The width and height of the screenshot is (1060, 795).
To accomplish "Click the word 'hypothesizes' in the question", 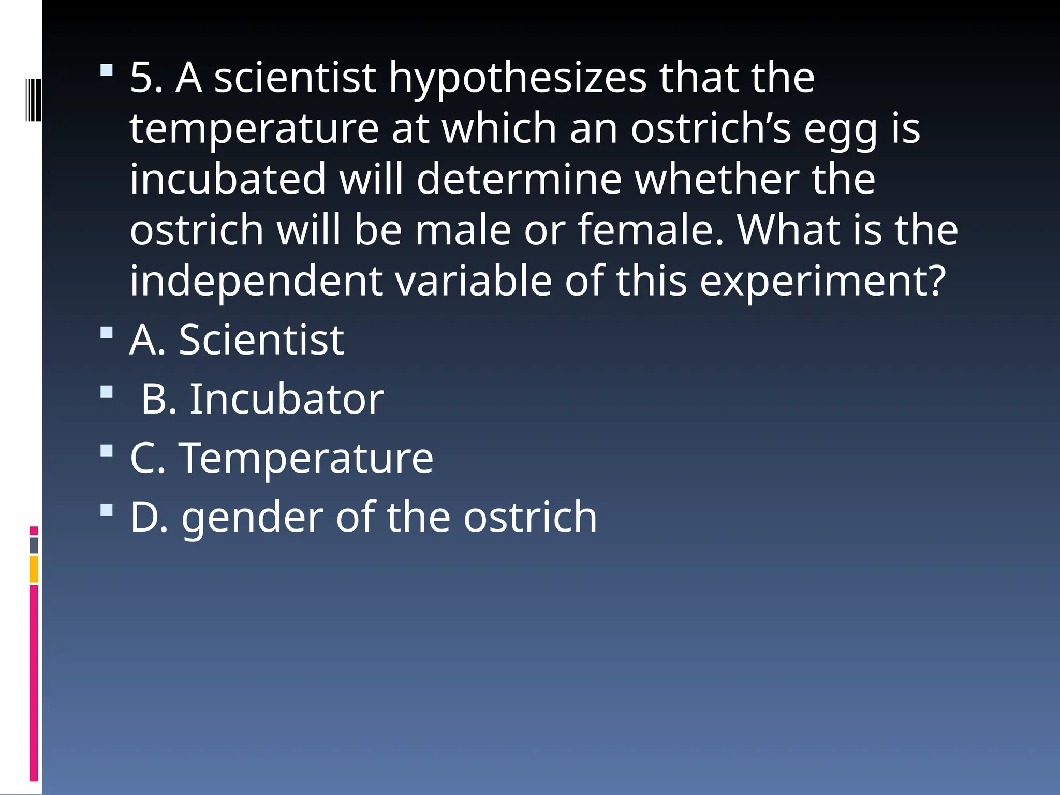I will pos(518,79).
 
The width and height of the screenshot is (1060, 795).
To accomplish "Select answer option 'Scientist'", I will pos(261,340).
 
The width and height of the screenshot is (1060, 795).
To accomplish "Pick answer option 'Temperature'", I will pos(306,458).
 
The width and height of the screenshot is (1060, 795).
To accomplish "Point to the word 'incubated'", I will pos(228,179).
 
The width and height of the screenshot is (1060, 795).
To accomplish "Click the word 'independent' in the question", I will pos(256,281).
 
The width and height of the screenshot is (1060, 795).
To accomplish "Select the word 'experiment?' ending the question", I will pos(822,281).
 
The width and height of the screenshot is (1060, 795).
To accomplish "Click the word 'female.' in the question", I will pos(650,230).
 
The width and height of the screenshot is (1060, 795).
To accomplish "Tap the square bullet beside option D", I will pos(107,510).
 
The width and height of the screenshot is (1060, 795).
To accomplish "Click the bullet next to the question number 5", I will pos(107,69).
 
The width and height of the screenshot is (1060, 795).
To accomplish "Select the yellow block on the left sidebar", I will pos(34,569).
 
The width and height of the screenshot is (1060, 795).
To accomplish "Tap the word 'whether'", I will pos(716,179).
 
